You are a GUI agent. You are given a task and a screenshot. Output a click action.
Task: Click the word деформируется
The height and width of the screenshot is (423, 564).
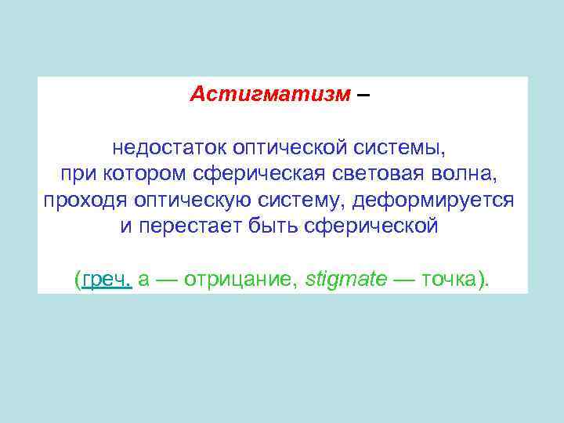[434, 201]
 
